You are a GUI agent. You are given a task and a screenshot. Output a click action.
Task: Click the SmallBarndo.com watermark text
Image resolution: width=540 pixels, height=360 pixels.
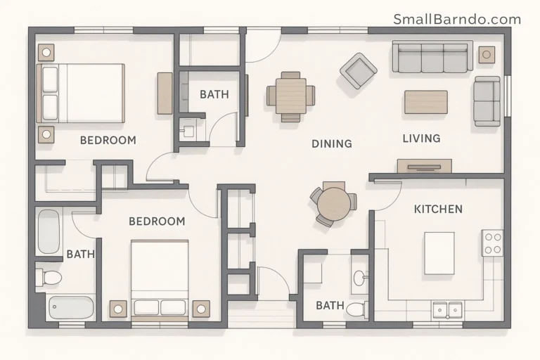tap(457, 19)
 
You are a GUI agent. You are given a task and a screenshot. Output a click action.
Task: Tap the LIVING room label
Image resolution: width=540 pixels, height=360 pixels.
tap(421, 139)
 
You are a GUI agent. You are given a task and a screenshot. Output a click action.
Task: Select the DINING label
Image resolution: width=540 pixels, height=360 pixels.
tap(331, 143)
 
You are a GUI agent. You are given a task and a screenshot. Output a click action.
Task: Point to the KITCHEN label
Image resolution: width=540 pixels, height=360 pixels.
tap(438, 209)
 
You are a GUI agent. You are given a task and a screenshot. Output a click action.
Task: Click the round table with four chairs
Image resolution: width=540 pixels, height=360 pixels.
tap(333, 203)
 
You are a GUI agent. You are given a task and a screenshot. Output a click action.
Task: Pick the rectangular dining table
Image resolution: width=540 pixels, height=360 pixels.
tap(290, 96)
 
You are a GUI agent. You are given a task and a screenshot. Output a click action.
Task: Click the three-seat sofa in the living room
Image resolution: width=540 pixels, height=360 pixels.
tap(432, 58)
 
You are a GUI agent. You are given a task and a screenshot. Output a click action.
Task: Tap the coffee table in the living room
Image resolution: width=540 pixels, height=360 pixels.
tap(425, 101)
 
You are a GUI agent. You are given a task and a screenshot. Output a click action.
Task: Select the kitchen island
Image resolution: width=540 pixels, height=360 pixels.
tap(439, 252)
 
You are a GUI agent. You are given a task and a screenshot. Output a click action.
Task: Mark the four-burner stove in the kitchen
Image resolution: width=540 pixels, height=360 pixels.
tap(492, 243)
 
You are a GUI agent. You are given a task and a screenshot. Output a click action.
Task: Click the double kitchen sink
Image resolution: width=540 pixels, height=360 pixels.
tap(446, 309)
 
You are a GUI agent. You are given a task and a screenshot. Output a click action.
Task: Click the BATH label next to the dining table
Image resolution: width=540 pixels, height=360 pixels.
tap(214, 94)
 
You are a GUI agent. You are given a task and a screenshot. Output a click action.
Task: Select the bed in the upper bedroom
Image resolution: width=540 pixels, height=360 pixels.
tap(81, 94)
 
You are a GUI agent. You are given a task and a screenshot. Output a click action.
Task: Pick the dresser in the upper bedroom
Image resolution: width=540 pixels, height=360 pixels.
tap(165, 93)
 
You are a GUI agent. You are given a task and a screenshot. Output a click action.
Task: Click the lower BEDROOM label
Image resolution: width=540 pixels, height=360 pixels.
tap(157, 221)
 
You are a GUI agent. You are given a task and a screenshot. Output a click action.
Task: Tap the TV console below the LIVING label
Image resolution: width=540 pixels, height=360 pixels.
tap(424, 166)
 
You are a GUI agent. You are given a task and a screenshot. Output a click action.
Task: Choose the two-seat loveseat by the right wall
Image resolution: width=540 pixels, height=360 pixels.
tap(487, 101)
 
